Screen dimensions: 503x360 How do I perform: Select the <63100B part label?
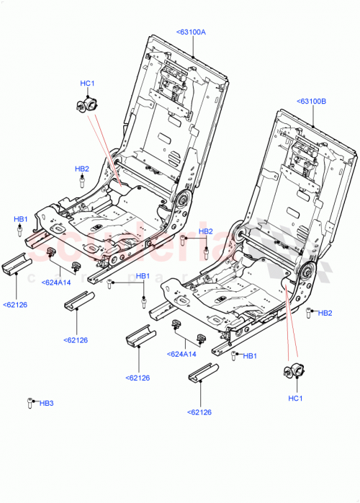click(311, 102)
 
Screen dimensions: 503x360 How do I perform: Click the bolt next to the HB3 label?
click(30, 403)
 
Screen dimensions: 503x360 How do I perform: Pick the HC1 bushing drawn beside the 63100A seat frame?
click(86, 105)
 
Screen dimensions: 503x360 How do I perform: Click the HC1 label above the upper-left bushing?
click(87, 84)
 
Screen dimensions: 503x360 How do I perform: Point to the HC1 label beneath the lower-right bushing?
click(296, 399)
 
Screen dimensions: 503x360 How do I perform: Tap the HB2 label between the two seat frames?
click(206, 231)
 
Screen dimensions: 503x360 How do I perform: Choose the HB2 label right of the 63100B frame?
click(325, 313)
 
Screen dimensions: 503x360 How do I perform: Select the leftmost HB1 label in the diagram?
click(21, 218)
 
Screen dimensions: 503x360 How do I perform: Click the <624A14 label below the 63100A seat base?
click(56, 282)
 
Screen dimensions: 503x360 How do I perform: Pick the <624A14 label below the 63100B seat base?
click(181, 354)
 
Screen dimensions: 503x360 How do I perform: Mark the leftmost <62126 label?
click(15, 304)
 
